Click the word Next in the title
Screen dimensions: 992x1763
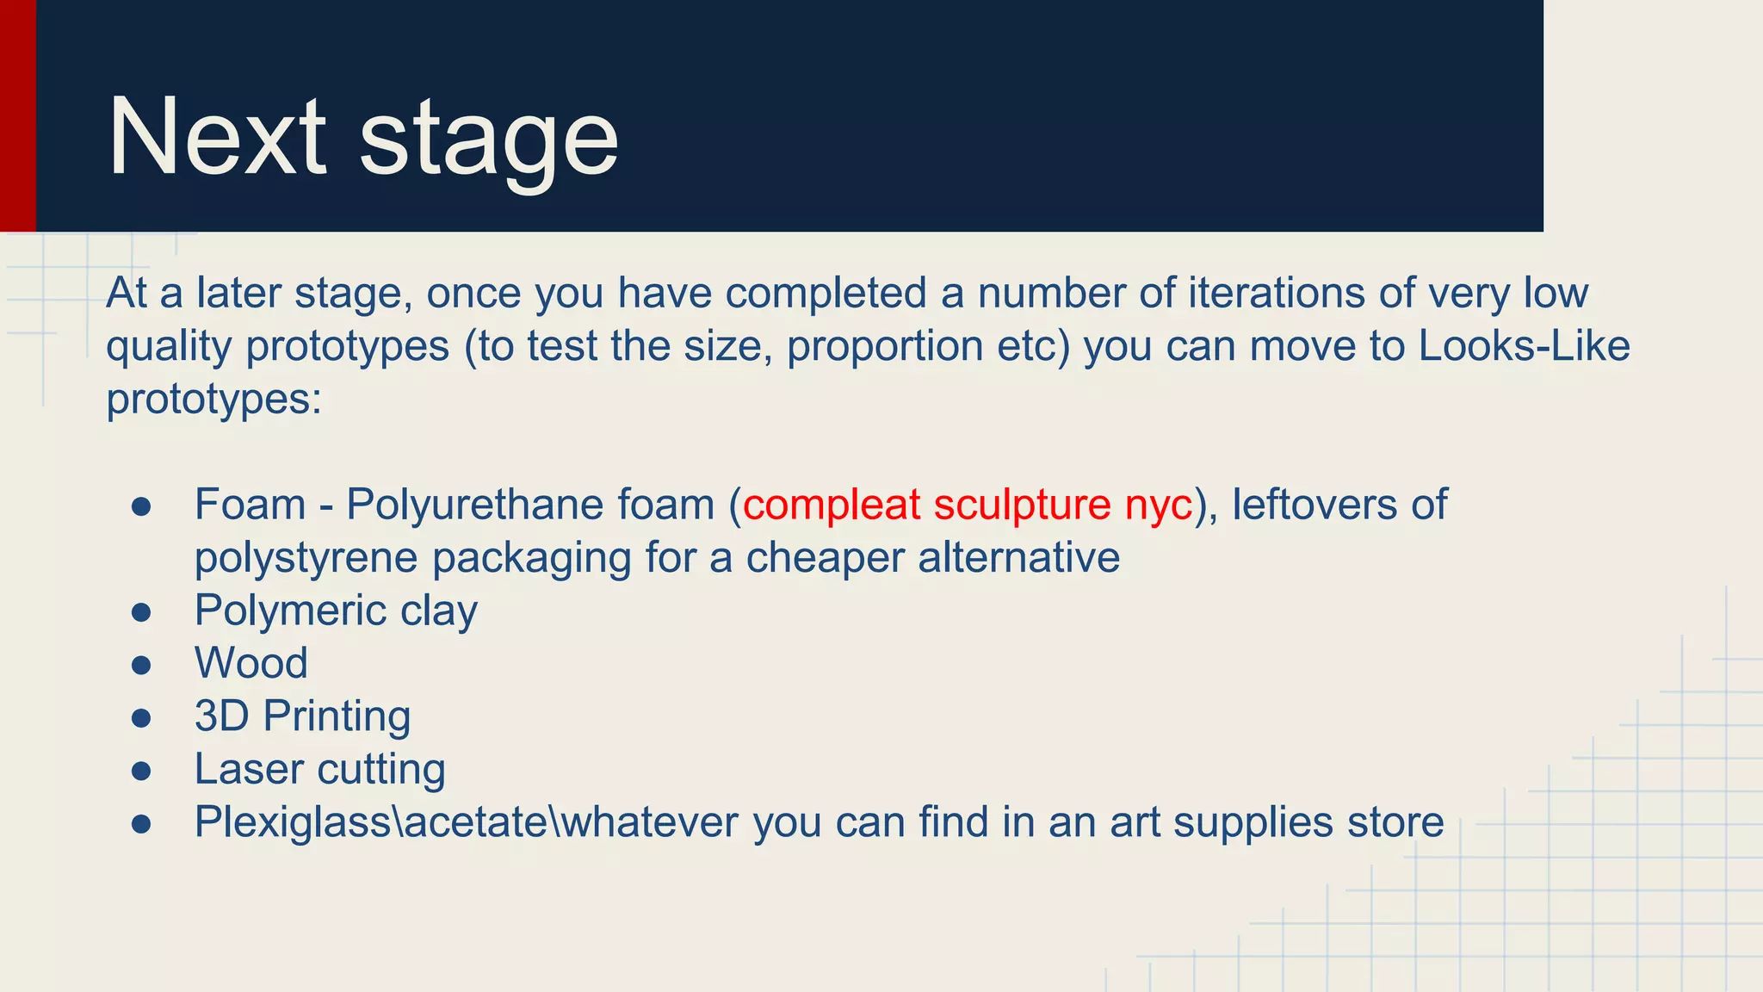[217, 138]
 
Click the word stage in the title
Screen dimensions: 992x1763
[488, 142]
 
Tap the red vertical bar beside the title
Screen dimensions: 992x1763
[17, 115]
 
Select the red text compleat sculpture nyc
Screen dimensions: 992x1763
[968, 505]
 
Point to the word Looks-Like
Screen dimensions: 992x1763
[1524, 346]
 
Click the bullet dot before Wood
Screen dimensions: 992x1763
[142, 665]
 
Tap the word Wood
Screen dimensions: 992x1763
[251, 664]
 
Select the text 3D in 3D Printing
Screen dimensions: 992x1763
[221, 716]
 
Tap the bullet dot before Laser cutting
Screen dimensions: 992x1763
[142, 771]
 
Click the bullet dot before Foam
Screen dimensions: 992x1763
[142, 506]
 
